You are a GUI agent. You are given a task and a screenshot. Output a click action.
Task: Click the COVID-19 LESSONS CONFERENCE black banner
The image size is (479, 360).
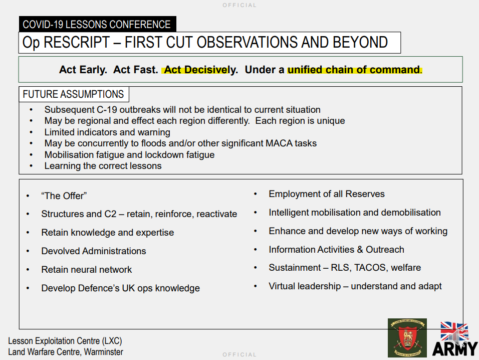tap(97, 24)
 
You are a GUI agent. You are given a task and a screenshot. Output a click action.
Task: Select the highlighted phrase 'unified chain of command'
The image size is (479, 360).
tap(353, 70)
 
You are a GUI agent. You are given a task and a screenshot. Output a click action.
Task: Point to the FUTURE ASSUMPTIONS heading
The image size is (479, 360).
tap(73, 94)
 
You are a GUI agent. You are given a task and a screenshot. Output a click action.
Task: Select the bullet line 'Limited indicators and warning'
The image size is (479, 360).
tap(107, 132)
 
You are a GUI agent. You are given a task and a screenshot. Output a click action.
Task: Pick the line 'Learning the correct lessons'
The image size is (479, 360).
tap(103, 166)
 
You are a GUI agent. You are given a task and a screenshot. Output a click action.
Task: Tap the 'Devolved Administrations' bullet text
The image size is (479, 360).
tap(94, 251)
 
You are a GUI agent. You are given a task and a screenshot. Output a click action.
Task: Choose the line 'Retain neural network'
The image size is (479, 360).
tap(87, 270)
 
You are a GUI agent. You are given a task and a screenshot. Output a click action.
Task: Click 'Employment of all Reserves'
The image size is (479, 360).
tap(327, 194)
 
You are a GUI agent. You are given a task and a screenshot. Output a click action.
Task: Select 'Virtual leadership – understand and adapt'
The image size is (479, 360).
tap(355, 286)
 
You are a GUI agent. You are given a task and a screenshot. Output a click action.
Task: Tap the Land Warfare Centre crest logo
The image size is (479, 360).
tap(407, 337)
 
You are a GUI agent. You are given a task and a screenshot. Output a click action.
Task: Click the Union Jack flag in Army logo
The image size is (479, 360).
tap(454, 331)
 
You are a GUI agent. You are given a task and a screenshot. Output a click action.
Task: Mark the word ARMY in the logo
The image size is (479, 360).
tap(455, 349)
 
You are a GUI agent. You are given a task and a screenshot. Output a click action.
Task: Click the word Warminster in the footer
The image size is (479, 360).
tap(104, 352)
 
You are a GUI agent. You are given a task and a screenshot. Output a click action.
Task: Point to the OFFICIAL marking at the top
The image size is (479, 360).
tap(239, 5)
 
